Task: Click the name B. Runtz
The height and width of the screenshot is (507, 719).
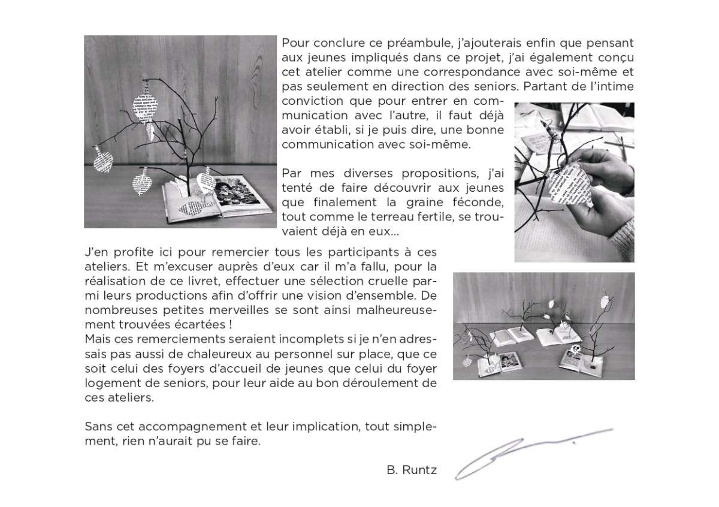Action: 412,470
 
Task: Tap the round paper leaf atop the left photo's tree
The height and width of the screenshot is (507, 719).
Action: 144,103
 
